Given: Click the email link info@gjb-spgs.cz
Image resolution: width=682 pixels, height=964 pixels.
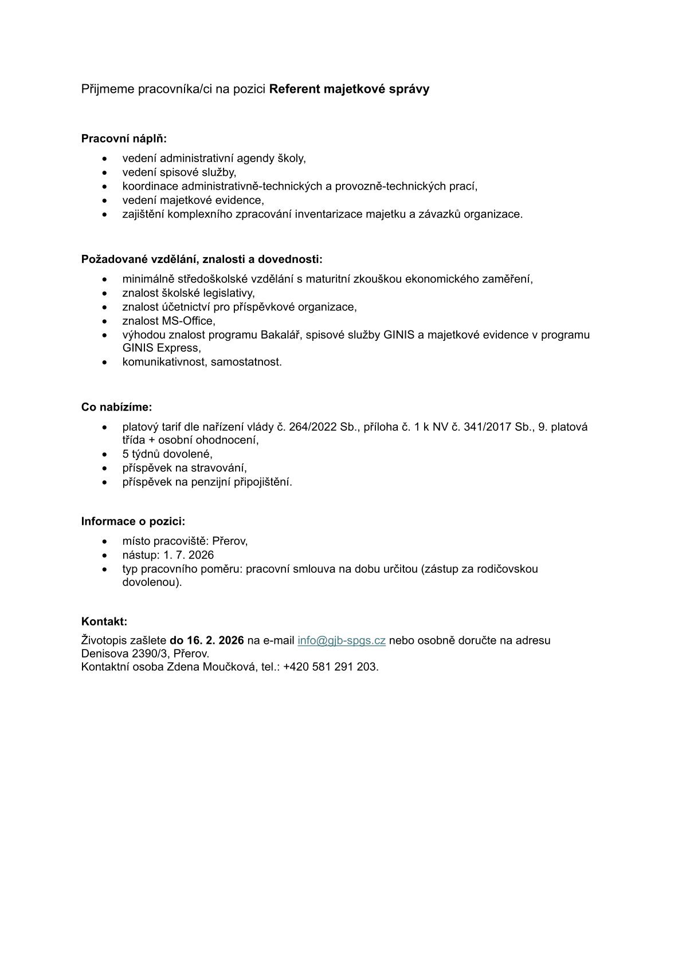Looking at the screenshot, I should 341,640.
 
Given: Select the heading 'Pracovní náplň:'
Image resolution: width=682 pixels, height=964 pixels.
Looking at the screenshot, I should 124,139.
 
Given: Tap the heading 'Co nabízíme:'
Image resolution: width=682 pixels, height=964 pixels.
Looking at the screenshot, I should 116,407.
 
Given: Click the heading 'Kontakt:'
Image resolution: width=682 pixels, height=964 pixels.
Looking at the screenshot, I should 104,621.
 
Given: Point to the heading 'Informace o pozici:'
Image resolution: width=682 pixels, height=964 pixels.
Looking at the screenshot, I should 133,521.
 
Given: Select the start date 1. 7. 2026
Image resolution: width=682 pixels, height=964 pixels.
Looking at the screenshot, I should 189,555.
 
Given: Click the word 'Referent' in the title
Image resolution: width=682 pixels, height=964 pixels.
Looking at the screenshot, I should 294,89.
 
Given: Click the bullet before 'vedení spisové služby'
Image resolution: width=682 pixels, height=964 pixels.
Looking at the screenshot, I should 104,172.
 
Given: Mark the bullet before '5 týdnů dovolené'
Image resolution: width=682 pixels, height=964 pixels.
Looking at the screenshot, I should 104,454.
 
